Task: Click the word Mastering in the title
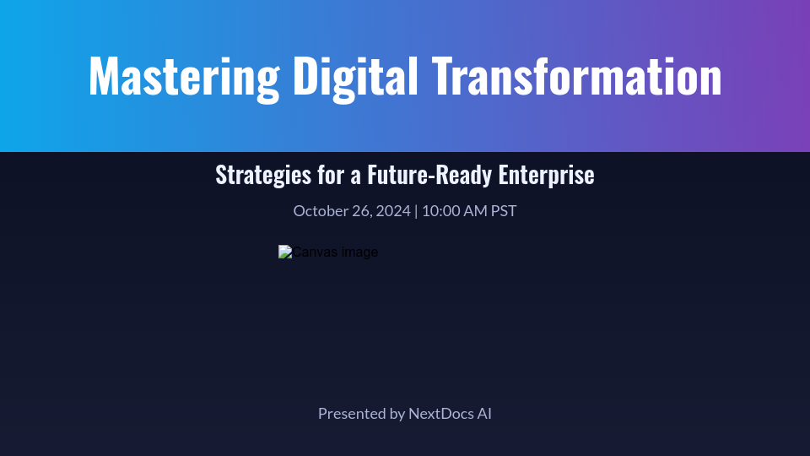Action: point(183,76)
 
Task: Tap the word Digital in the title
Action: point(355,76)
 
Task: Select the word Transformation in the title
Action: point(577,76)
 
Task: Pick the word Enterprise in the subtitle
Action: point(547,175)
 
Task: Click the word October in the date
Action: point(321,210)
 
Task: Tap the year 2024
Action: point(392,210)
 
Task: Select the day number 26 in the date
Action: point(361,210)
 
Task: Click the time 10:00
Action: point(441,210)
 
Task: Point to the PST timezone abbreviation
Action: point(504,210)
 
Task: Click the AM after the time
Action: point(476,210)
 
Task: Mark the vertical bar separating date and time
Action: point(416,210)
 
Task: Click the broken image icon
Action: point(285,252)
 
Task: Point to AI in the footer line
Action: point(484,414)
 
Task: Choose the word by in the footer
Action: point(397,414)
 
